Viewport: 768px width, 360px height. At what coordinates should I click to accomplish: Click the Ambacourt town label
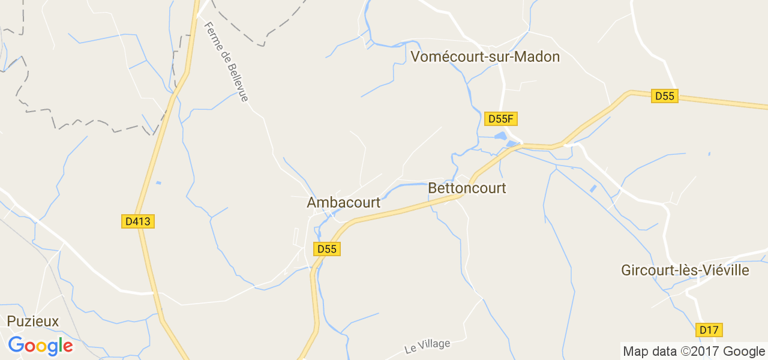(343, 203)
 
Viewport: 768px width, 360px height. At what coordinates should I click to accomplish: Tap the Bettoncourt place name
(467, 188)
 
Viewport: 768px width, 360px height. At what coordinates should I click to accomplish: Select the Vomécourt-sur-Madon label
(485, 57)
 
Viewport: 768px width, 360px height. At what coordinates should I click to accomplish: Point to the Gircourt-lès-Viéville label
(685, 270)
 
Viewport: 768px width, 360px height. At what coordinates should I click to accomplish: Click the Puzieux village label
(33, 322)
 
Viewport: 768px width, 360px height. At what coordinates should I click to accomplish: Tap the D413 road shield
(138, 221)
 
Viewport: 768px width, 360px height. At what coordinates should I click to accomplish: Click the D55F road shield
(500, 119)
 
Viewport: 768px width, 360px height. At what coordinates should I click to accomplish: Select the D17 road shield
(709, 329)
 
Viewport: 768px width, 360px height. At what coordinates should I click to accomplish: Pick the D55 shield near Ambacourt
(327, 248)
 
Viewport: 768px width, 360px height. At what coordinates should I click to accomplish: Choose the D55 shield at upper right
(665, 96)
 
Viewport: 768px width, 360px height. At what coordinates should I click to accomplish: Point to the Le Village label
(427, 346)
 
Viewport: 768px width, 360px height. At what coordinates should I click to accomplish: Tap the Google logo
(40, 346)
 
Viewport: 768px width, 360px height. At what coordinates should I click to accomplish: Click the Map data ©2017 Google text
(694, 352)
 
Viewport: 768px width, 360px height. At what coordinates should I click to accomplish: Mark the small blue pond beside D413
(158, 182)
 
